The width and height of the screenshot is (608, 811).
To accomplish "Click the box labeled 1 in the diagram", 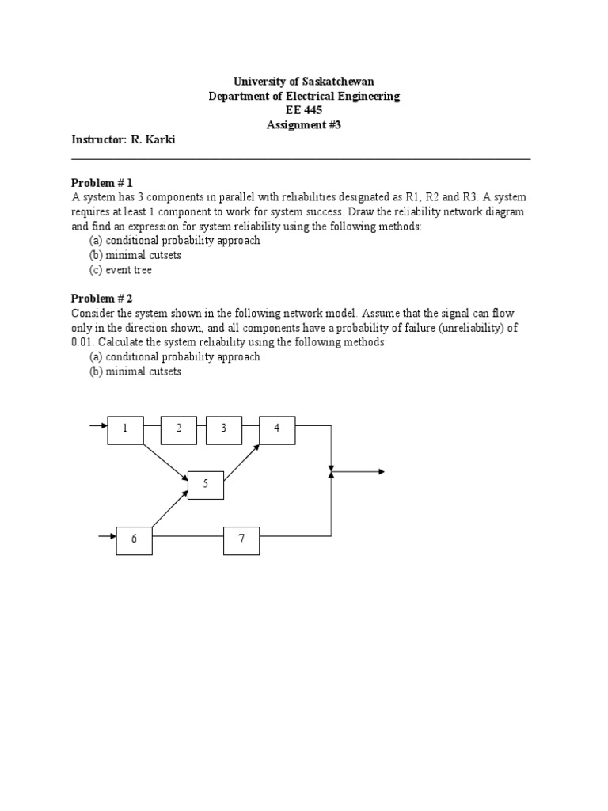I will pyautogui.click(x=125, y=428).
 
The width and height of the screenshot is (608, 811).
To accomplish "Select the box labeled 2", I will pyautogui.click(x=179, y=428).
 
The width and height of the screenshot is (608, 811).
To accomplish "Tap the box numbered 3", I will pyautogui.click(x=224, y=428).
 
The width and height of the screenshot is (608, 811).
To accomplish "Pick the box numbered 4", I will pyautogui.click(x=277, y=428).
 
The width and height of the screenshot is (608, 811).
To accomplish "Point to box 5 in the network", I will pyautogui.click(x=205, y=483).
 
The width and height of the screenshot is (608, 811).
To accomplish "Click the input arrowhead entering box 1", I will pyautogui.click(x=103, y=428).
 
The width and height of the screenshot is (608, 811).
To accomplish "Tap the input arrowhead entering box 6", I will pyautogui.click(x=112, y=538).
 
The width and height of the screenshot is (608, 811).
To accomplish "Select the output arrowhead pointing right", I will pyautogui.click(x=381, y=472).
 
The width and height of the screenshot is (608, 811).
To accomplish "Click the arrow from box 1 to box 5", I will pyautogui.click(x=165, y=462).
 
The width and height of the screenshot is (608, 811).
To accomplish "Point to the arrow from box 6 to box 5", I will pyautogui.click(x=170, y=508).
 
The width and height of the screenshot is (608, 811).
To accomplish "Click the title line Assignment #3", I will pyautogui.click(x=304, y=124).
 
